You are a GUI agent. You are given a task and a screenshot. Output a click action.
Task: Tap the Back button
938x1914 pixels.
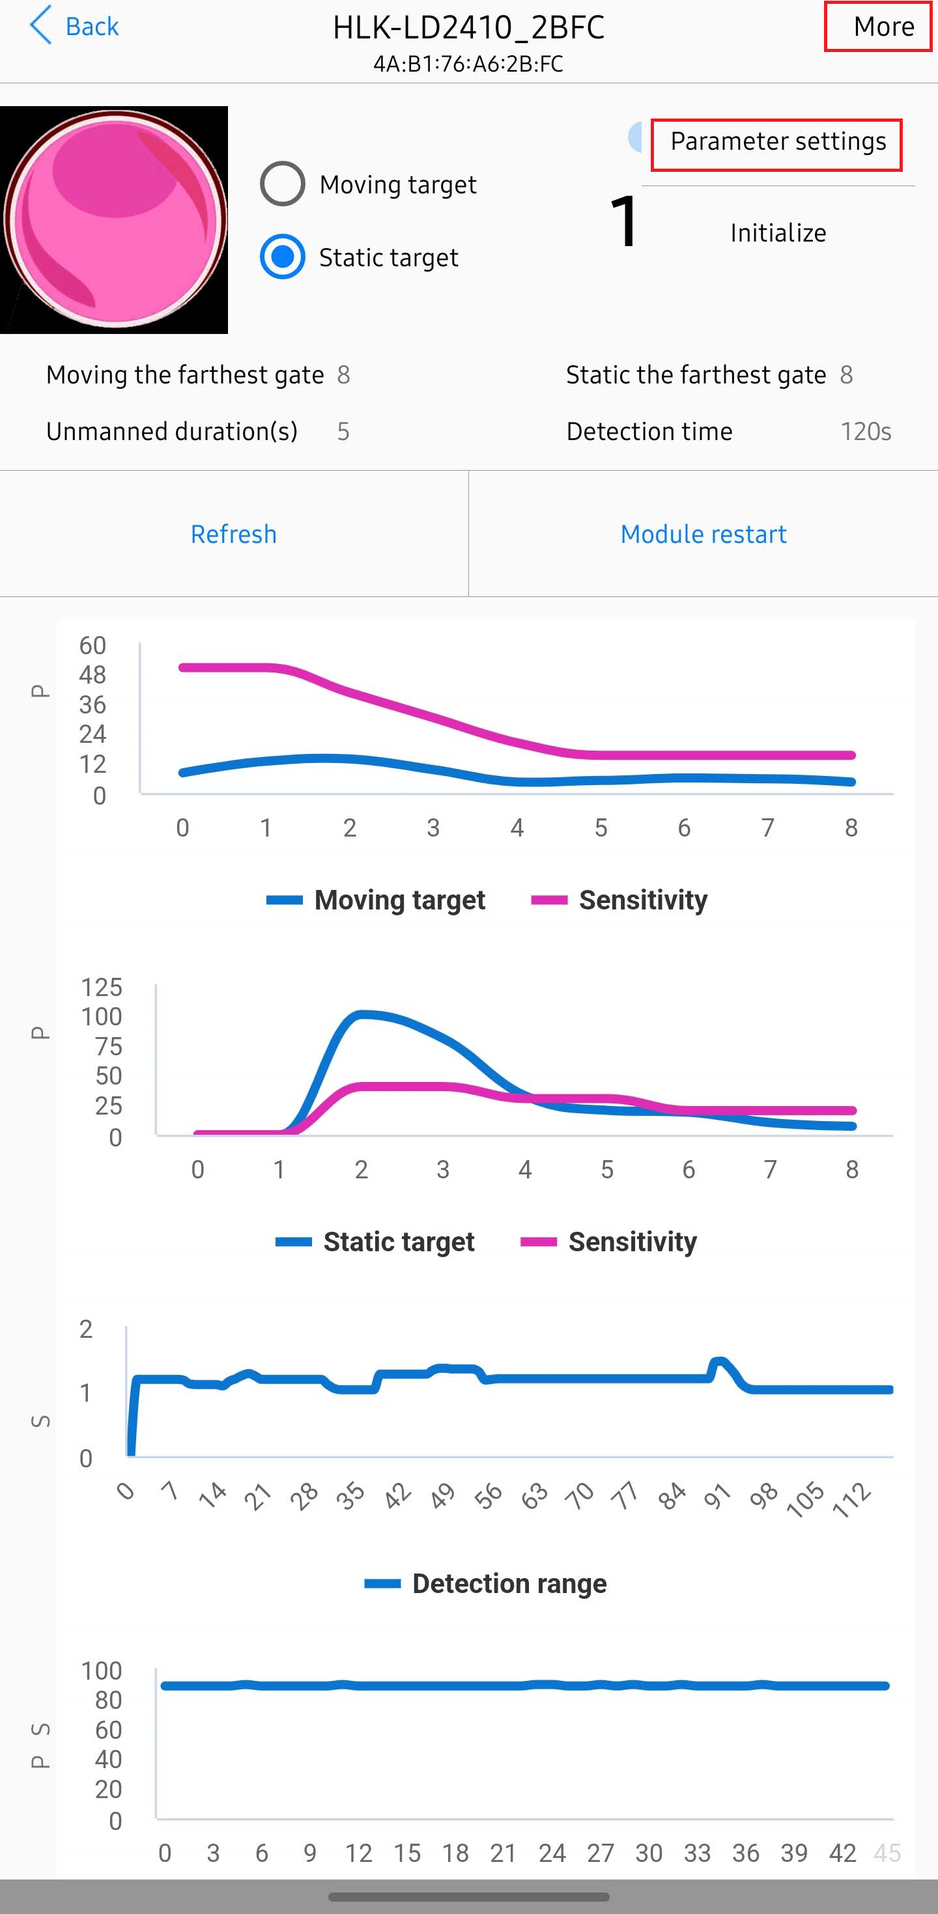click(x=74, y=26)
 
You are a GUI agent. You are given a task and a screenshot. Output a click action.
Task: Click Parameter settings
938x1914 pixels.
click(x=778, y=141)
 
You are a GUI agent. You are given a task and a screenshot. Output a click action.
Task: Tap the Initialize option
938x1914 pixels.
click(x=778, y=233)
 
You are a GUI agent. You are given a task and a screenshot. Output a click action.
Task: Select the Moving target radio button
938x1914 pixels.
click(x=283, y=184)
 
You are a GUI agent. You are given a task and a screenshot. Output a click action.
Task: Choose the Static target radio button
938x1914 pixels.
click(x=283, y=257)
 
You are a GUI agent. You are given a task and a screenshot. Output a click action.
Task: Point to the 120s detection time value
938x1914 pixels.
click(x=865, y=432)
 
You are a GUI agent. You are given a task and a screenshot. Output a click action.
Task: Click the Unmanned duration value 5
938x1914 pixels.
click(x=343, y=432)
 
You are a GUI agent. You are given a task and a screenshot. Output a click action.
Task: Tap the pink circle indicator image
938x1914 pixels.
click(x=115, y=220)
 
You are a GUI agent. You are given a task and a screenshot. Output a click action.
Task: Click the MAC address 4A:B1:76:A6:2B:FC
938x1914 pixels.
click(x=468, y=64)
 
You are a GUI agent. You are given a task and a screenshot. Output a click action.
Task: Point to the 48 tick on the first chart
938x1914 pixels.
click(x=93, y=674)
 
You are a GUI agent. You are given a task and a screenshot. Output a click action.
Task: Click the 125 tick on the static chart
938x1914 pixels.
click(x=101, y=988)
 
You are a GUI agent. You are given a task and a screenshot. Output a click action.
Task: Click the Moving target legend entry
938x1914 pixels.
click(x=376, y=900)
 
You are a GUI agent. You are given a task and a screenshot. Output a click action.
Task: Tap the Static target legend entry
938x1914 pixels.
click(x=375, y=1241)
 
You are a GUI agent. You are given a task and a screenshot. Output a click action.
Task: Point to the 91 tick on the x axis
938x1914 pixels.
click(x=717, y=1495)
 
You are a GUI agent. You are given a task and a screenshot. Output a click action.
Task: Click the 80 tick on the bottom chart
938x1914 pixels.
click(x=109, y=1700)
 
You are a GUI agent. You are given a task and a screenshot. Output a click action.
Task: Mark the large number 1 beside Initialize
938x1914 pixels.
click(x=623, y=221)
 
